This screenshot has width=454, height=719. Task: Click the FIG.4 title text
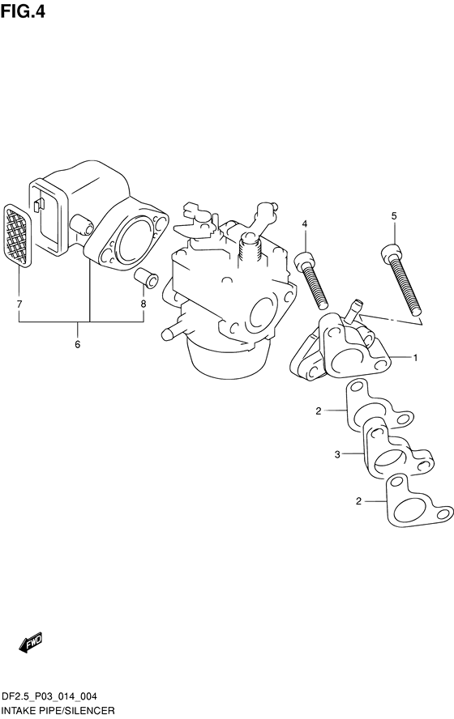pyautogui.click(x=23, y=11)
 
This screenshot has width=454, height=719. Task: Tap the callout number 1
pyautogui.click(x=415, y=358)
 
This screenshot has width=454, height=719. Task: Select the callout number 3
pyautogui.click(x=337, y=455)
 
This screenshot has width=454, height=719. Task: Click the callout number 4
pyautogui.click(x=305, y=223)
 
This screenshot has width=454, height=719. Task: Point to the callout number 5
pyautogui.click(x=394, y=216)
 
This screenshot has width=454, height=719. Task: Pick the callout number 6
pyautogui.click(x=77, y=344)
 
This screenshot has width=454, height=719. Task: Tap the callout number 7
pyautogui.click(x=19, y=304)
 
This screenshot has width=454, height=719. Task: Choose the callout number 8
pyautogui.click(x=143, y=304)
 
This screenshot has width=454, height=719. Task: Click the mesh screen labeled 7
pyautogui.click(x=17, y=236)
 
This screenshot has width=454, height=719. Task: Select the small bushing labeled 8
pyautogui.click(x=147, y=278)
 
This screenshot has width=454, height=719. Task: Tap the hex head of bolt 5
pyautogui.click(x=391, y=251)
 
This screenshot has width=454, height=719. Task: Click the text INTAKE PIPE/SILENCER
pyautogui.click(x=58, y=711)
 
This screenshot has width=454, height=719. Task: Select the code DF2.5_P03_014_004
pyautogui.click(x=49, y=696)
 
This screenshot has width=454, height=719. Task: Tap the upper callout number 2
pyautogui.click(x=319, y=411)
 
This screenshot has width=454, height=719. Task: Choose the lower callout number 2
pyautogui.click(x=358, y=501)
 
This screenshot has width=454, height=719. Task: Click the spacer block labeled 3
pyautogui.click(x=397, y=450)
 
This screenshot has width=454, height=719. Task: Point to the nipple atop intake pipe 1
pyautogui.click(x=354, y=309)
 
